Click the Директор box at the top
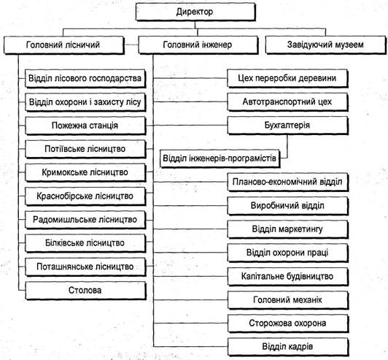pos(195,12)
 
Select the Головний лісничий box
pos(64,45)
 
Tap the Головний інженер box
pos(198,45)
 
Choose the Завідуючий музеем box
pos(325,45)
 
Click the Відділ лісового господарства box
pos(85,79)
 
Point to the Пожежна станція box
pos(85,126)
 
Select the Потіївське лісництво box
pos(85,149)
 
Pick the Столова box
pos(85,291)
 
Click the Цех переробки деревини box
pos(287,78)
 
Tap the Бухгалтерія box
pos(287,126)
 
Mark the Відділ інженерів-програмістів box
pos(220,158)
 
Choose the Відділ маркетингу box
pos(287,229)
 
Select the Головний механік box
pos(287,300)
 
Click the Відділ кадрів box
pos(287,347)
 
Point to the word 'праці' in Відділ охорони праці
pos(317,253)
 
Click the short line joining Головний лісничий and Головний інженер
pos(131,45)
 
